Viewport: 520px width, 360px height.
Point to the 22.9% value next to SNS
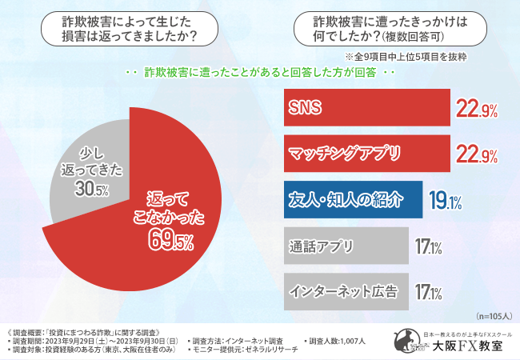click(477, 108)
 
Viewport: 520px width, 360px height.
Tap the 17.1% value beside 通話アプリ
click(428, 247)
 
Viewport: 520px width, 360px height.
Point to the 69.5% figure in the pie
click(170, 238)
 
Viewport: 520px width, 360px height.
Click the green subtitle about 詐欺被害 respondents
click(261, 74)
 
